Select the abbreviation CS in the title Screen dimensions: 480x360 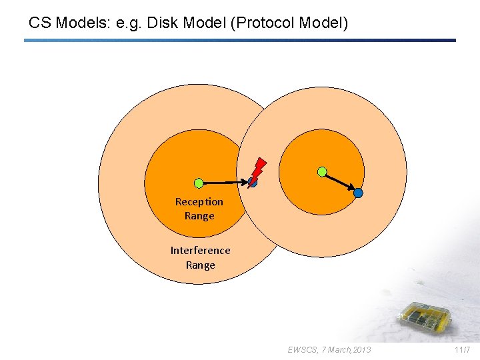click(40, 23)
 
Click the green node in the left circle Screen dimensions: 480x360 click(199, 183)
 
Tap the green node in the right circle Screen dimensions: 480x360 click(322, 172)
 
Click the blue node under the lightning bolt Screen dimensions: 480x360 click(252, 182)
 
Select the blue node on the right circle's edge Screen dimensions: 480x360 click(358, 193)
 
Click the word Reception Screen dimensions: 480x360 click(199, 201)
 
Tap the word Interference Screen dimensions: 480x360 click(200, 251)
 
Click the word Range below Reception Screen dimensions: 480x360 click(199, 216)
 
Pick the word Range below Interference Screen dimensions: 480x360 click(200, 265)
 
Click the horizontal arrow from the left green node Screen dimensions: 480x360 click(223, 182)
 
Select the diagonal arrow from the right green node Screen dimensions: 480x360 click(340, 183)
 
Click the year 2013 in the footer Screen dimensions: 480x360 click(363, 349)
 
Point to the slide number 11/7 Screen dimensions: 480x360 click(462, 349)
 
